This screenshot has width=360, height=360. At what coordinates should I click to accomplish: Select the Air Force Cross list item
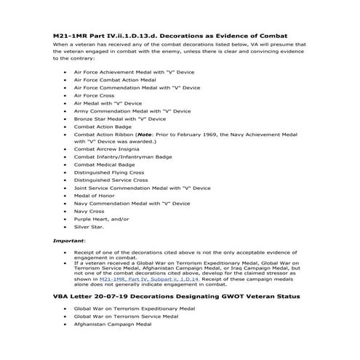click(94, 95)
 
